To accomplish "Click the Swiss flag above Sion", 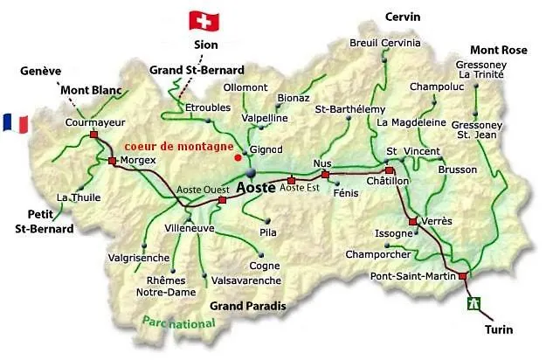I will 206,20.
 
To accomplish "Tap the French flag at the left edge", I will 14,123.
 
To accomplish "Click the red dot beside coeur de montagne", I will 238,158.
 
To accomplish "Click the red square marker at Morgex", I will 112,161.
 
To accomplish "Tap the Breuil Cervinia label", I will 385,43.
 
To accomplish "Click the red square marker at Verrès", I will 413,221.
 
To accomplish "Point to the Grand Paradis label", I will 247,306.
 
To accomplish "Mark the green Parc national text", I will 179,323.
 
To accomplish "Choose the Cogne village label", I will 265,267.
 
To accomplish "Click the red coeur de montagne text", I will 179,146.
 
